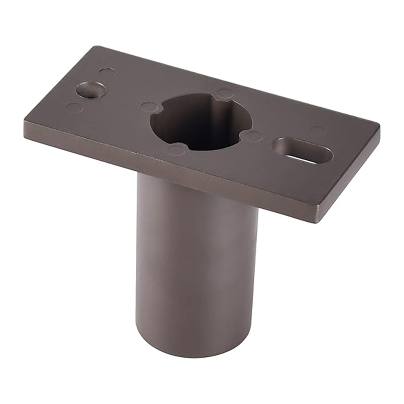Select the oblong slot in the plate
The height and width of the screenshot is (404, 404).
pos(304,150)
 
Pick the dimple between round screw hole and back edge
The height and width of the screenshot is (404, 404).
pos(107,72)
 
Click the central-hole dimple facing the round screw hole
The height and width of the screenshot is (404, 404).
pos(149,107)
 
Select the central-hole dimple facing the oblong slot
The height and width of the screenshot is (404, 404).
pos(254,136)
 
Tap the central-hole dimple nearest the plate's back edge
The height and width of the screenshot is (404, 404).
pos(225,94)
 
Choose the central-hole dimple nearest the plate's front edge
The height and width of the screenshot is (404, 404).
pos(176,150)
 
